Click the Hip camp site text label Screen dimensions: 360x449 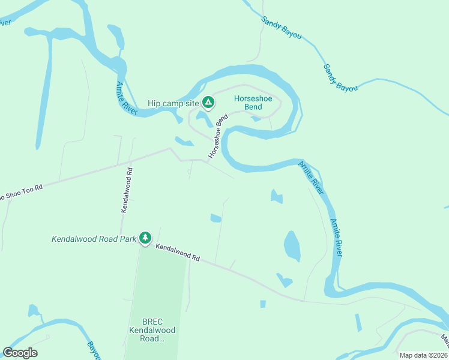173,104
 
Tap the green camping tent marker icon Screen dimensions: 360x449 208,103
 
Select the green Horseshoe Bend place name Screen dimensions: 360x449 248,103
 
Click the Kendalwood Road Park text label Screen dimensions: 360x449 94,239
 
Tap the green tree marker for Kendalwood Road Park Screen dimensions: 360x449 145,238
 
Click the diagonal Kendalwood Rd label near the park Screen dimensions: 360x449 178,251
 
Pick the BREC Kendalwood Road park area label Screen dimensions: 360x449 145,330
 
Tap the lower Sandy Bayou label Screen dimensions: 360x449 340,78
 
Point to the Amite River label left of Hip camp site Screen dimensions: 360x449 127,98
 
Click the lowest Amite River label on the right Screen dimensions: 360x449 337,238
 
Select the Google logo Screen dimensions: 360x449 20,353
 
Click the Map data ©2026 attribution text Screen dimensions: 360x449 423,355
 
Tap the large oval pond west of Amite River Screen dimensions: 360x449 292,246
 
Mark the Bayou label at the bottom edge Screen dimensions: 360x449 92,348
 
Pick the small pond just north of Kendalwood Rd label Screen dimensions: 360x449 215,218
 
